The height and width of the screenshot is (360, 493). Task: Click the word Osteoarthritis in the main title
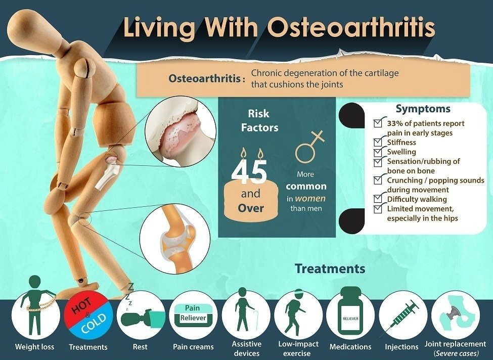point(351,27)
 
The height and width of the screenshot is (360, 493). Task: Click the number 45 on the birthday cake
point(249,172)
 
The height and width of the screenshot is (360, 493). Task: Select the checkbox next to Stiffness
point(378,143)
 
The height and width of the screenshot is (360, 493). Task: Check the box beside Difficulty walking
point(378,199)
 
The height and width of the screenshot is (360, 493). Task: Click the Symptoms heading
point(423,109)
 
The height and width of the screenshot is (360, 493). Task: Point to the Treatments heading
point(330,269)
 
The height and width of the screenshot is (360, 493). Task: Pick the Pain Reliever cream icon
point(193,314)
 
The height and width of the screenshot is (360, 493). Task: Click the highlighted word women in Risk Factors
point(310,198)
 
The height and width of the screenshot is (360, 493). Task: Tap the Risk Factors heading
point(259,121)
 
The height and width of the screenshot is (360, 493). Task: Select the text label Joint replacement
point(455,344)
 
